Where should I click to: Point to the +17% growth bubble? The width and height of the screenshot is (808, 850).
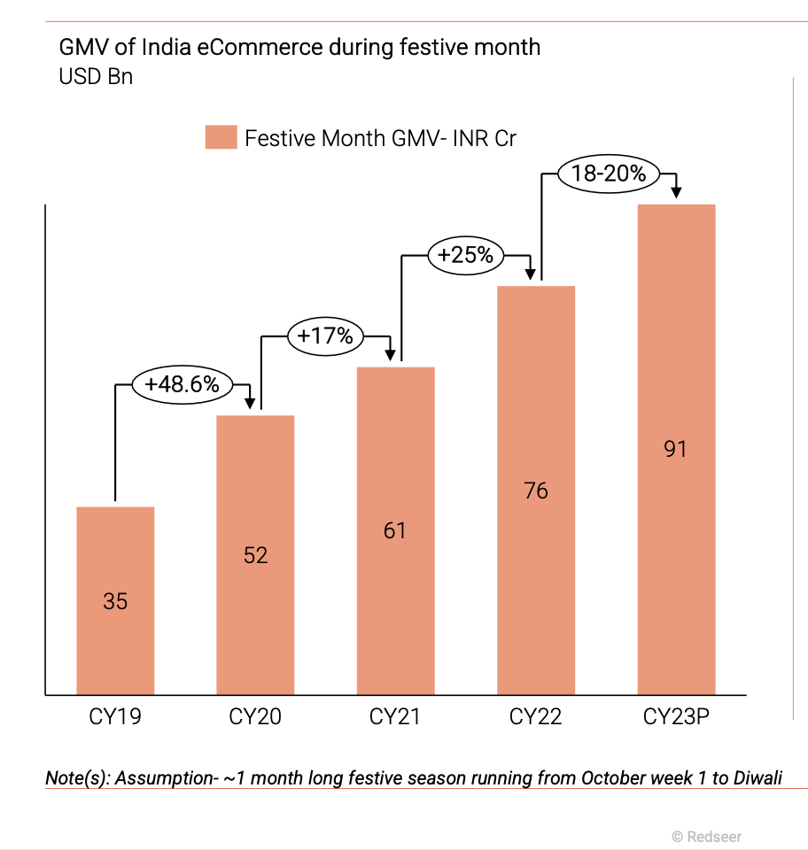tap(325, 336)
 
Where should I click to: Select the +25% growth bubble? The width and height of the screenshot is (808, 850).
tap(465, 255)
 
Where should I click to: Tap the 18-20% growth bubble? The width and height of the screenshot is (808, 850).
tap(609, 174)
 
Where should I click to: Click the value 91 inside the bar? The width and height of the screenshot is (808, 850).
tap(676, 449)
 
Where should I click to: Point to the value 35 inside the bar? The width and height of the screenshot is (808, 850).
tap(115, 601)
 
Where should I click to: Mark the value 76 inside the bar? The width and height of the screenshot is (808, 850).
tap(536, 490)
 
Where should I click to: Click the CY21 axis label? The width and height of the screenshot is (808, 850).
tap(395, 716)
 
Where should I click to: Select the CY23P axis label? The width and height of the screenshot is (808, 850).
tap(676, 716)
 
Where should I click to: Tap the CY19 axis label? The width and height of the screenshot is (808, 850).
tap(115, 716)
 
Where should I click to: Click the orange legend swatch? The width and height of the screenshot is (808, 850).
tap(221, 138)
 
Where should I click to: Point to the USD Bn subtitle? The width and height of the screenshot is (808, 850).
tap(96, 76)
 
